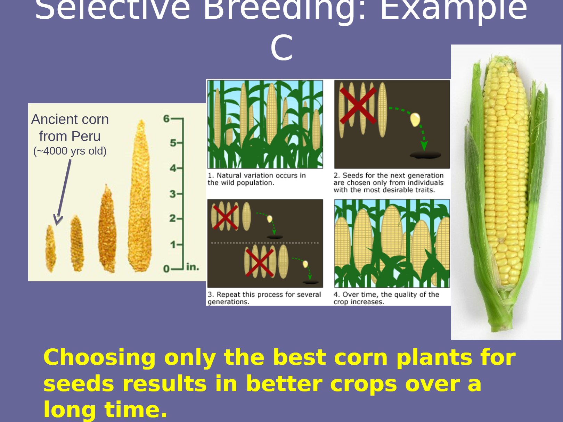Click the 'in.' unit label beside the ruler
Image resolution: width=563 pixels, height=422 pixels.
pos(193,267)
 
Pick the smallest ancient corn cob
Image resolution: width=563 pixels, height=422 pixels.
pos(50,249)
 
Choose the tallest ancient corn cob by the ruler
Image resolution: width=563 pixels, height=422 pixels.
pos(140,196)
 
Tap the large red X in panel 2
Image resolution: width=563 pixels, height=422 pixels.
pos(358,106)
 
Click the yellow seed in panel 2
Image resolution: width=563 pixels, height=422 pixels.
pos(415,120)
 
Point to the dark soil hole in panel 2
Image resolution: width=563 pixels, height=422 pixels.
pos(425,155)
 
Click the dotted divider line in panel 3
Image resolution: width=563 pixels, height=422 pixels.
pos(265,243)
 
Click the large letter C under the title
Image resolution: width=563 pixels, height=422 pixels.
pos(281,48)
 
